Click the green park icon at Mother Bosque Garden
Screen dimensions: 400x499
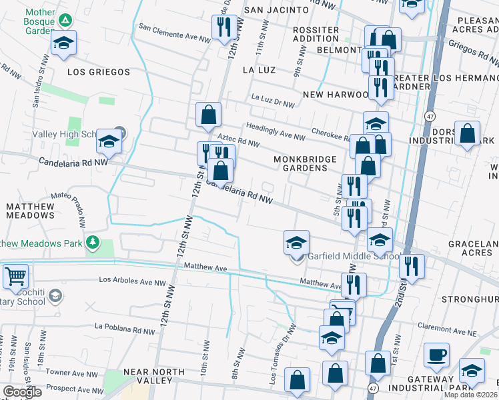click(65, 19)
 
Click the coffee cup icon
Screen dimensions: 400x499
click(436, 355)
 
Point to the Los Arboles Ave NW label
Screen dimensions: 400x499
click(132, 282)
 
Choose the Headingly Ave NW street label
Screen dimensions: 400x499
click(276, 131)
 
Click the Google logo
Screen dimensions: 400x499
click(22, 392)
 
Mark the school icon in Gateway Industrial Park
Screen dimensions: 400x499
click(472, 371)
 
